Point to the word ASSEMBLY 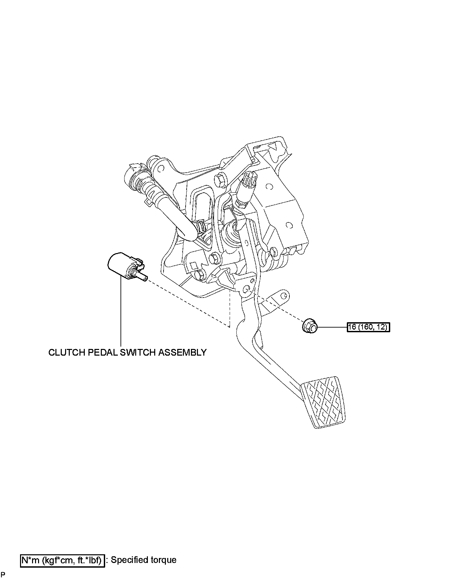click(182, 353)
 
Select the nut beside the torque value click(309, 326)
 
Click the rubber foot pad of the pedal click(323, 402)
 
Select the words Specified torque click(144, 560)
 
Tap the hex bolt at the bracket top click(221, 180)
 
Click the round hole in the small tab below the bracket click(284, 296)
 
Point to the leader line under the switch click(121, 314)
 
